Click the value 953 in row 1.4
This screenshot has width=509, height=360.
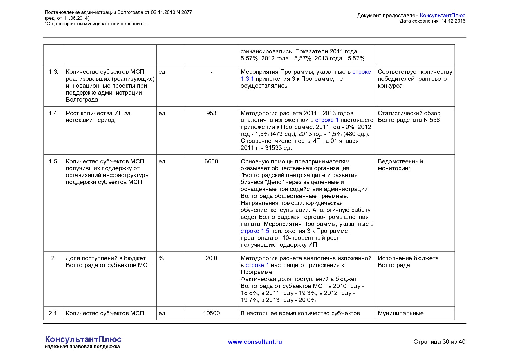pyautogui.click(x=211, y=113)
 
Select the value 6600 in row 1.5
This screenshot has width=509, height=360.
pyautogui.click(x=211, y=161)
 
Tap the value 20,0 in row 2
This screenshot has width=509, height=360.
pyautogui.click(x=211, y=258)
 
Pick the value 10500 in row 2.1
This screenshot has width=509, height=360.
pyautogui.click(x=211, y=313)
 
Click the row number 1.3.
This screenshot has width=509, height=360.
pyautogui.click(x=54, y=72)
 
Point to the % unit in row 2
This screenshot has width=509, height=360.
pyautogui.click(x=161, y=258)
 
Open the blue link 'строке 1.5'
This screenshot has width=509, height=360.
pyautogui.click(x=255, y=231)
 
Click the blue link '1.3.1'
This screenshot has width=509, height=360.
pyautogui.click(x=247, y=79)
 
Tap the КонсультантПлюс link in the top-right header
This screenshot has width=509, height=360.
pyautogui.click(x=442, y=15)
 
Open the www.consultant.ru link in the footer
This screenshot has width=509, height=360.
pyautogui.click(x=255, y=342)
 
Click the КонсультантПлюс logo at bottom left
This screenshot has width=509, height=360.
pyautogui.click(x=83, y=339)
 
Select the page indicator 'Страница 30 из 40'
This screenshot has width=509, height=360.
pyautogui.click(x=439, y=342)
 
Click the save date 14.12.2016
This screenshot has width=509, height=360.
pyautogui.click(x=453, y=21)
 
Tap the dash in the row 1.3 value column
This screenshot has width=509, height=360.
pyautogui.click(x=211, y=72)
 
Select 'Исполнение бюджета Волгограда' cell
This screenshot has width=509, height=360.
pyautogui.click(x=408, y=262)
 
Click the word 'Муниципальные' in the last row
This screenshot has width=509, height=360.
pyautogui.click(x=400, y=313)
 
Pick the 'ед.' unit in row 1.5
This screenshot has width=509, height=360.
pyautogui.click(x=163, y=161)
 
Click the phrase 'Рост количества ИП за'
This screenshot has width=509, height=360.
pyautogui.click(x=98, y=113)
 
